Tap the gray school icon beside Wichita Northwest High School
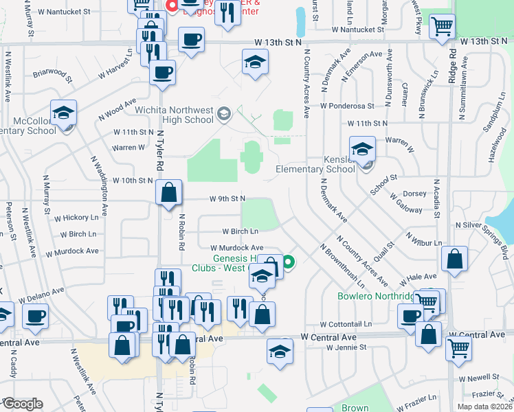click(x=223, y=113)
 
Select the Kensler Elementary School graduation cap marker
click(x=361, y=148)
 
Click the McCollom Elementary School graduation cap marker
click(x=63, y=112)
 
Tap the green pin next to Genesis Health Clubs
click(x=289, y=261)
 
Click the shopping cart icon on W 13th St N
click(x=442, y=26)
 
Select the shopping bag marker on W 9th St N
click(x=168, y=193)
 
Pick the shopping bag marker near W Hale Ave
click(x=454, y=260)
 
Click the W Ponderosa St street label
click(x=347, y=106)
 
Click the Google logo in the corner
click(x=22, y=404)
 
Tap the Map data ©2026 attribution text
click(x=484, y=407)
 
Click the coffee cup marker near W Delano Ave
click(x=36, y=316)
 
